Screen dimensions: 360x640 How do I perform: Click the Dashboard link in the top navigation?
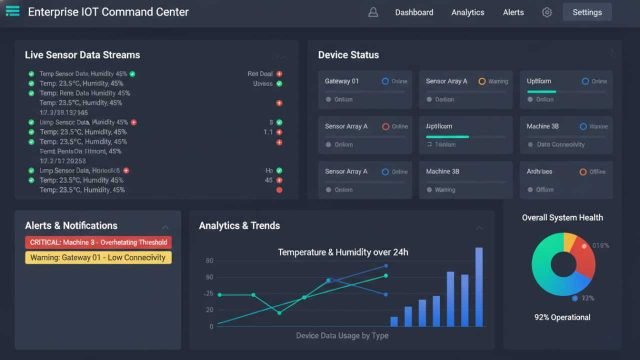(x=414, y=12)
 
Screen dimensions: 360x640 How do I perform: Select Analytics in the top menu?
(x=467, y=12)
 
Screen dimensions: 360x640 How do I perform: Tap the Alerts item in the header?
(x=513, y=12)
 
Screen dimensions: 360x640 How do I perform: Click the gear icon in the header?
(x=547, y=12)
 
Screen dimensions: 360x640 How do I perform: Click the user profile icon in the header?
(x=373, y=12)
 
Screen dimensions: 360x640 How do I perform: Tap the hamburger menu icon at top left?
(x=11, y=12)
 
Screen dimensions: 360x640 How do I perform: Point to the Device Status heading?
(x=348, y=55)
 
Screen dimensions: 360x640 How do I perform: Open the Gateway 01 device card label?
(x=342, y=81)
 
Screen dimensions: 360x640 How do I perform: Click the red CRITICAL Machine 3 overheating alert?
(x=98, y=242)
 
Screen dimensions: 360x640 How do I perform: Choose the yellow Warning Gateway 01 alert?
(x=98, y=257)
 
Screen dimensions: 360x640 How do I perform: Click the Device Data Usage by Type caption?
(x=341, y=336)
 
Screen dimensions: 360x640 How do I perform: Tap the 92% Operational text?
(x=562, y=317)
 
